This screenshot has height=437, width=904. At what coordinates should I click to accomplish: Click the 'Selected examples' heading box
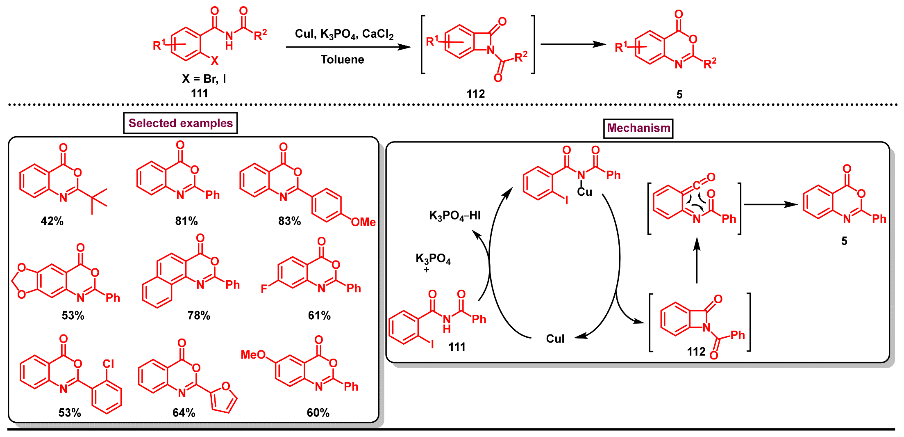coord(180,123)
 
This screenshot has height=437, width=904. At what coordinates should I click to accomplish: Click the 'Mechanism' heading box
coord(638,128)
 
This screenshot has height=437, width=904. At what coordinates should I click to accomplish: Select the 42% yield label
coord(52,221)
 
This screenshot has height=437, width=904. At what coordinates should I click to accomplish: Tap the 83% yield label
coord(289,221)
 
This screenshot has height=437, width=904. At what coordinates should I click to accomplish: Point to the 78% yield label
coord(199,315)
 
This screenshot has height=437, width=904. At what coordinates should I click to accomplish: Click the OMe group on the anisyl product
coord(363,222)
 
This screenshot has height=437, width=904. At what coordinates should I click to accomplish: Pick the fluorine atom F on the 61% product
coord(264,289)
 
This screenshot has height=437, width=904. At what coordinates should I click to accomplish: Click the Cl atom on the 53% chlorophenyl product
coord(109,364)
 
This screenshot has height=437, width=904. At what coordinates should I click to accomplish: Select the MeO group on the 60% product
coord(253,355)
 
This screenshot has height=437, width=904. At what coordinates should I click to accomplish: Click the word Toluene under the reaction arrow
coord(342,59)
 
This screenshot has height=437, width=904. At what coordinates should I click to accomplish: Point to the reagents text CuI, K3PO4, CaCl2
coord(344,34)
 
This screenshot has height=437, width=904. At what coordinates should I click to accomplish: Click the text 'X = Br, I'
coord(204,79)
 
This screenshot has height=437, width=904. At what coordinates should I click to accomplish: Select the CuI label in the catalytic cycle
coord(555,339)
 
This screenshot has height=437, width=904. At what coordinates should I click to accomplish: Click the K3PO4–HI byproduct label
coord(455,215)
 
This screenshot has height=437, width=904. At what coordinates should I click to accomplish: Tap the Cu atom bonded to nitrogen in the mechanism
coord(585,192)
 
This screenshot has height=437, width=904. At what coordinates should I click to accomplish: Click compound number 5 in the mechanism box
coord(844,241)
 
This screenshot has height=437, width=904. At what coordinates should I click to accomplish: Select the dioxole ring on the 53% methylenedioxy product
coord(25,281)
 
